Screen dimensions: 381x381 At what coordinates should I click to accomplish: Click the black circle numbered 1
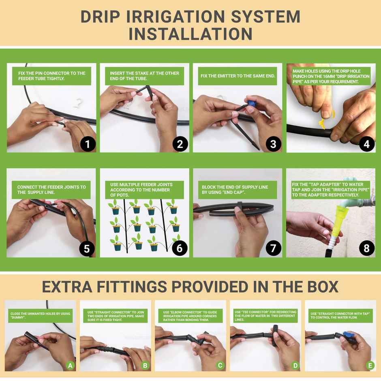point(88,143)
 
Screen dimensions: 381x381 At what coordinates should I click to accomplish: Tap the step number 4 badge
point(366,143)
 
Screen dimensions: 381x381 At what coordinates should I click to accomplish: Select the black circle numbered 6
point(180,248)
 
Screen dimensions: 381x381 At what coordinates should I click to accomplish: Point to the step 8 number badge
point(366,248)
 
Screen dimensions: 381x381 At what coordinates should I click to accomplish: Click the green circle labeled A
point(70,365)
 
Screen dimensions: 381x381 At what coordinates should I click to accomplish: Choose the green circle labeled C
point(220,365)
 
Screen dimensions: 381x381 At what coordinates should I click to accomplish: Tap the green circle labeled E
point(370,365)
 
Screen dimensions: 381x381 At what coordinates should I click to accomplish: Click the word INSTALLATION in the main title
point(190,33)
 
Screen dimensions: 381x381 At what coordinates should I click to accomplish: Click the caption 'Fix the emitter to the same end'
point(238,76)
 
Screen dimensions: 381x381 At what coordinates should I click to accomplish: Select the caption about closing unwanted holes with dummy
point(40,316)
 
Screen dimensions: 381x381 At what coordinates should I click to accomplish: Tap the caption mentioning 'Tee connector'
point(265,316)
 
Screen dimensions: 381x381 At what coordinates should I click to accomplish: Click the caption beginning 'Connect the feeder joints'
point(51,190)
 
